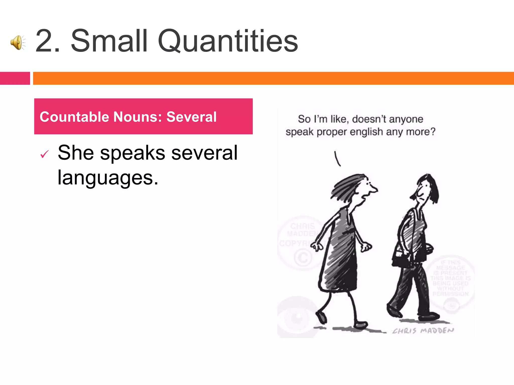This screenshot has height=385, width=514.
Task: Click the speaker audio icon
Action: pos(18,42)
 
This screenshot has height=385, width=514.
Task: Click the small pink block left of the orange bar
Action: pos(15,78)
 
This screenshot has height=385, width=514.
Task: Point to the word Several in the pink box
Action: pos(191,117)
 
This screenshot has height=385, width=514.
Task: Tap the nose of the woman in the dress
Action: pos(375,189)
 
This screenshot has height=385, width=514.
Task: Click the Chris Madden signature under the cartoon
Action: pos(423,331)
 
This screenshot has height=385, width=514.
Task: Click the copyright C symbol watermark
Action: pos(303,257)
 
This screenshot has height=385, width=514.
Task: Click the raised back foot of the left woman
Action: pos(321,317)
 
